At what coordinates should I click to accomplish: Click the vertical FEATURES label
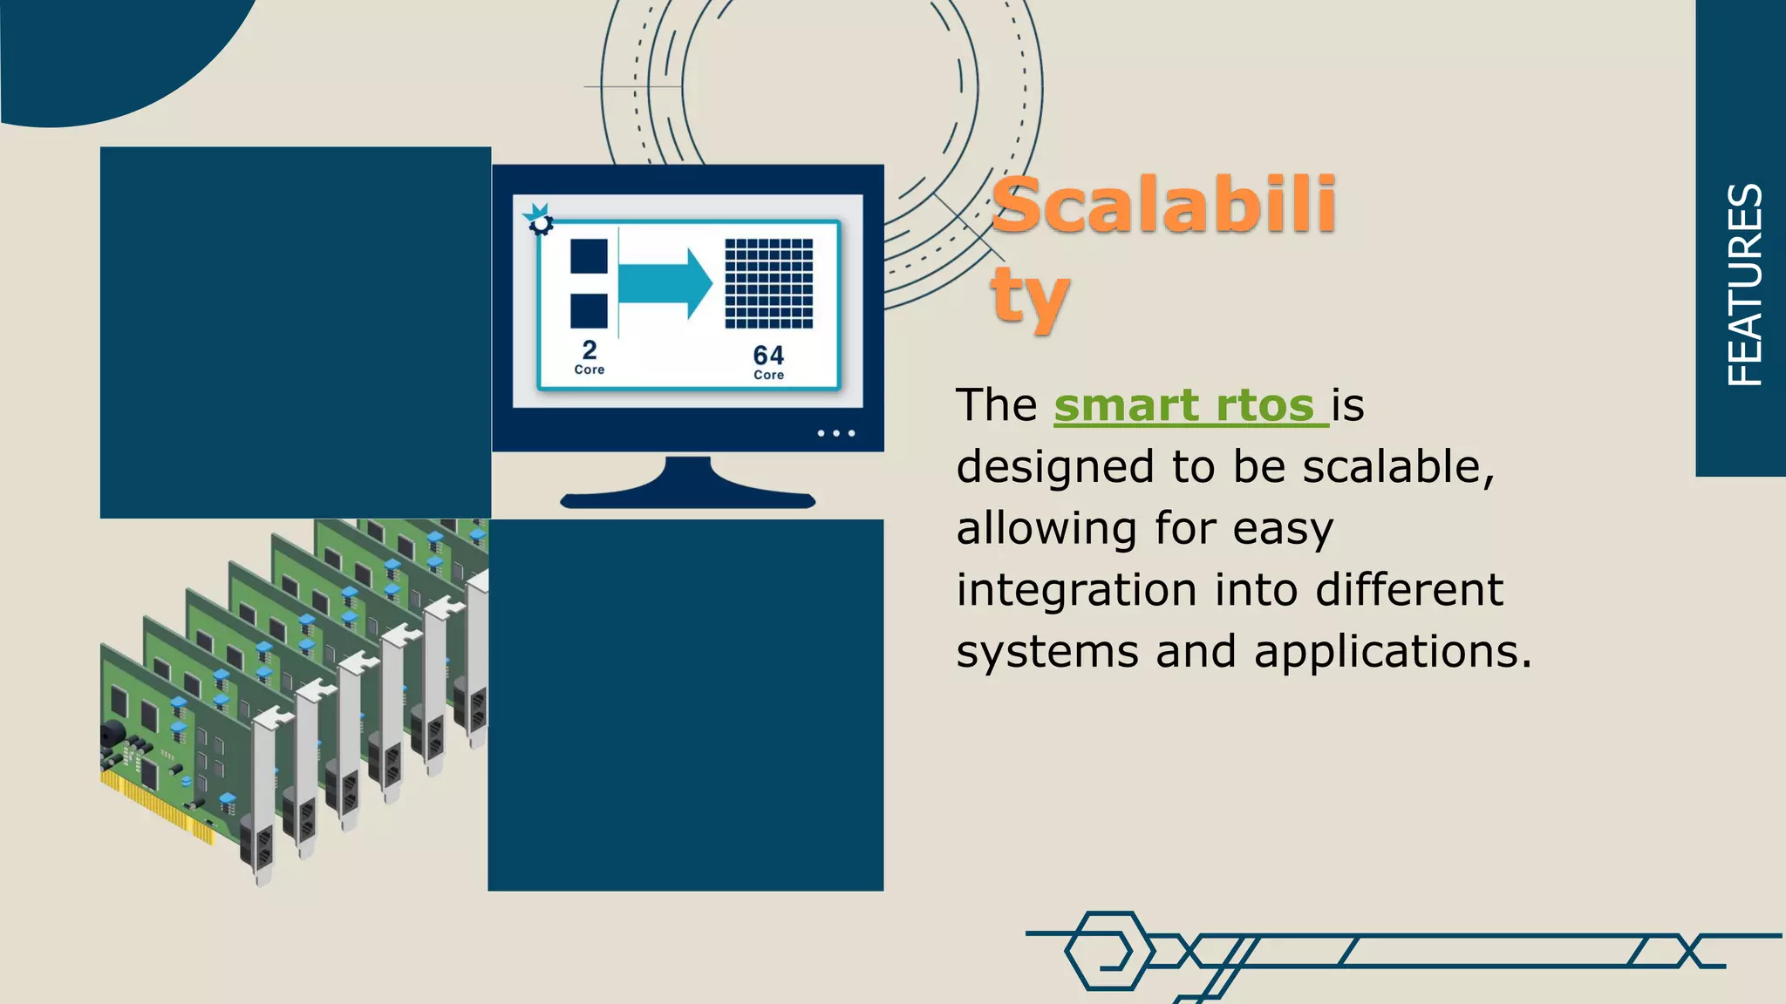pos(1744,285)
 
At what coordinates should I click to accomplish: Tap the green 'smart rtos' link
pos(1190,406)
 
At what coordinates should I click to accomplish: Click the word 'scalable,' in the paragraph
pos(1399,467)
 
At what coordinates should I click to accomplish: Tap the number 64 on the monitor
pos(768,355)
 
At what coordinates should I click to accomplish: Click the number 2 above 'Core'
pos(590,349)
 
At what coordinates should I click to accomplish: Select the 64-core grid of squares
pos(768,283)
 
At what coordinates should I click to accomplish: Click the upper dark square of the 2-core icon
pos(589,256)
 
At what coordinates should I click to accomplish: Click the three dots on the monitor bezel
pos(835,433)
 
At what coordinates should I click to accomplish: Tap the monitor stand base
pos(687,498)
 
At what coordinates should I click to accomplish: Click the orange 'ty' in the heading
pos(1029,296)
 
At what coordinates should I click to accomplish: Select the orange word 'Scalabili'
pos(1164,206)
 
